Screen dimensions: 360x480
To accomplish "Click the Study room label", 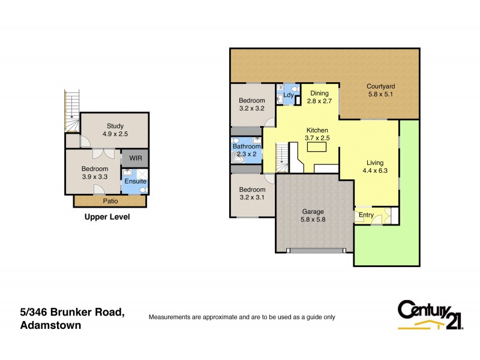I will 115,126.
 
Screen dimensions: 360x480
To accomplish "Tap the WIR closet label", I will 134,158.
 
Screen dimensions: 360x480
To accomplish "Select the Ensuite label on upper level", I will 134,179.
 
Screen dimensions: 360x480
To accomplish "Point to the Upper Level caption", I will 107,217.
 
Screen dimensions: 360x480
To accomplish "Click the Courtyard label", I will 380,86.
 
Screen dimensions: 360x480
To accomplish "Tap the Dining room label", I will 319,93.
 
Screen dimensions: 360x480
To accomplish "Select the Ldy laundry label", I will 288,94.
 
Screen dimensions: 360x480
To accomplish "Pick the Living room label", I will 375,163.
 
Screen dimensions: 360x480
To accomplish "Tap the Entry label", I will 366,215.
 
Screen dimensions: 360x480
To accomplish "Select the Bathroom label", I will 247,146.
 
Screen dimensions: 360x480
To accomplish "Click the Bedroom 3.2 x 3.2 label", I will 252,101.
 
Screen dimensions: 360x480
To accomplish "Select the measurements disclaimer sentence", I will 242,317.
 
